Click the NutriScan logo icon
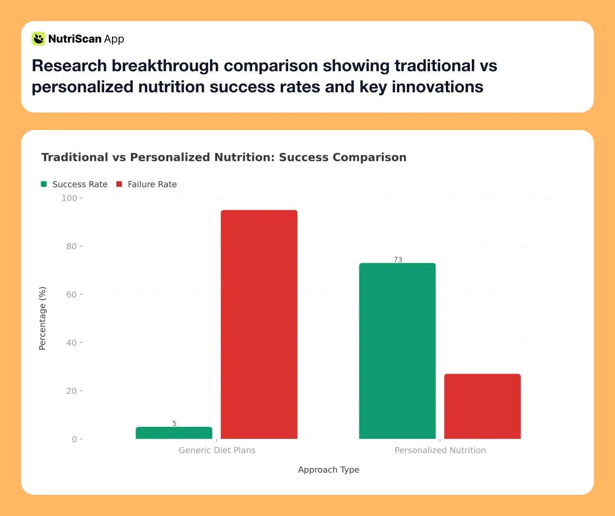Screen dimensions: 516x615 coord(39,39)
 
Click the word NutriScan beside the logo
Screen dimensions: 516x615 coord(75,39)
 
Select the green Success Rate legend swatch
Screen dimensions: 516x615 coord(44,184)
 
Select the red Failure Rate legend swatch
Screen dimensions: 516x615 coord(119,184)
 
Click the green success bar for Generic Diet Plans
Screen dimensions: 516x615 coord(174,433)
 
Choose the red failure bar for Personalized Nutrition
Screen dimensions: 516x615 coord(482,406)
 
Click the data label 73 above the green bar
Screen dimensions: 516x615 coord(398,259)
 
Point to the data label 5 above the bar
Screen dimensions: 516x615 coord(174,423)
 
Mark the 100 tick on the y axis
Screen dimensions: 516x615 coord(69,198)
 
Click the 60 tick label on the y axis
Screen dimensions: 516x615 coord(71,294)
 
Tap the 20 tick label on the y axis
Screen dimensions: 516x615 coord(71,391)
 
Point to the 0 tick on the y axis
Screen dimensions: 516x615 coord(74,439)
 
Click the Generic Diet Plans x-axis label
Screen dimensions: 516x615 coord(217,450)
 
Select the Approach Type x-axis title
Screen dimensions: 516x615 coord(329,469)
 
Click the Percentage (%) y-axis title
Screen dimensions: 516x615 coord(42,318)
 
